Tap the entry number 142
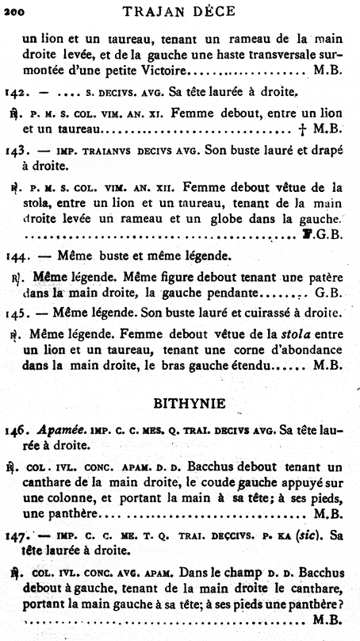17,91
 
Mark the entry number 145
17,313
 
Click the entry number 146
17,431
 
